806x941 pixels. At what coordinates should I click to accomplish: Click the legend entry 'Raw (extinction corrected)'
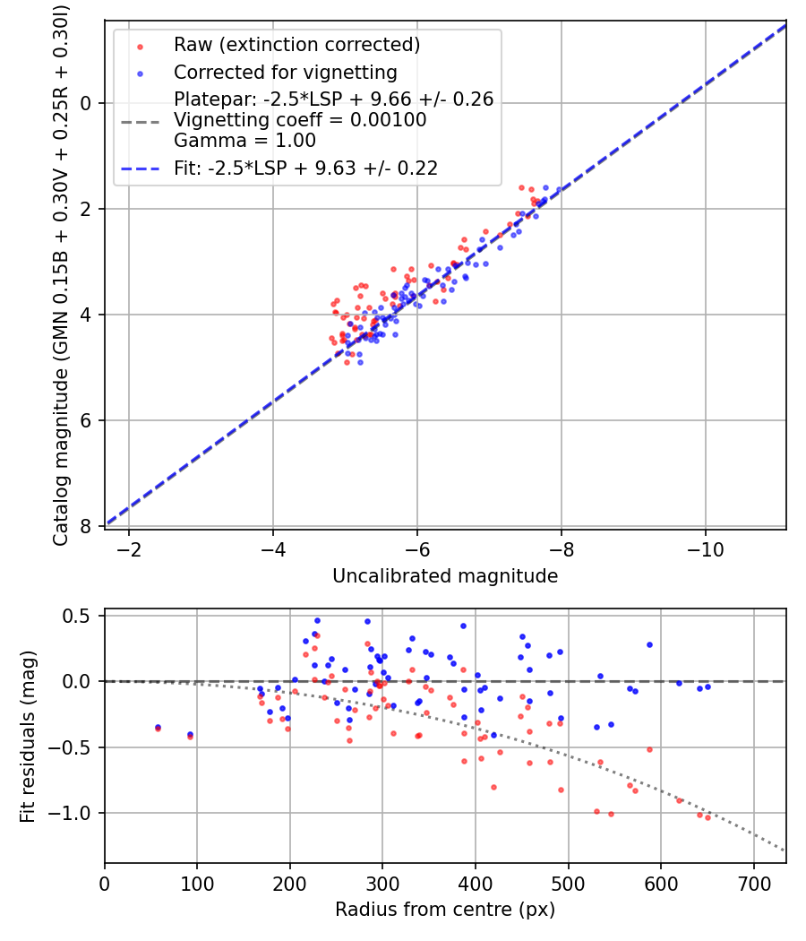tap(296, 45)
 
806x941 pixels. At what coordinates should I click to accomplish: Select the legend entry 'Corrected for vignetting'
tap(285, 72)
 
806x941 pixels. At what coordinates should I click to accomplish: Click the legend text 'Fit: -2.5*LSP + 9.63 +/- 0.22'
tap(305, 168)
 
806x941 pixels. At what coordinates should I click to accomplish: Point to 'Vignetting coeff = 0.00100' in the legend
tap(300, 120)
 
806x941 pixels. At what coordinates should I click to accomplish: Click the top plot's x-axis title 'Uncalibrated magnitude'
tap(445, 576)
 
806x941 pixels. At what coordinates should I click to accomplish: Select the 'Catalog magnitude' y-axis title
tap(61, 273)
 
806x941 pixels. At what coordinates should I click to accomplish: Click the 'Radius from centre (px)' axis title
tap(445, 910)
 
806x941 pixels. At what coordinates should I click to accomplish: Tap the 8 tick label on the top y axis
tap(86, 526)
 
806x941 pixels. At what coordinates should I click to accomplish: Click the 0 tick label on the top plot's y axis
tap(86, 103)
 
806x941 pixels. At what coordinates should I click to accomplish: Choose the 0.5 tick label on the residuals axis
tap(79, 616)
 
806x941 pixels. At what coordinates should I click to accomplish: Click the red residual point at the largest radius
tap(707, 817)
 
